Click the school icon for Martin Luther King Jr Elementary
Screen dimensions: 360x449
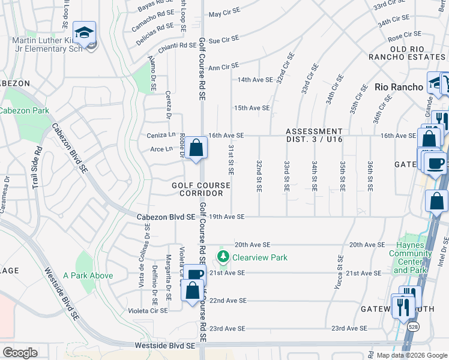click(x=85, y=32)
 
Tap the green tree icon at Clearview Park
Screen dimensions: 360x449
click(x=223, y=257)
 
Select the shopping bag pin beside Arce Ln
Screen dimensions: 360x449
click(x=196, y=148)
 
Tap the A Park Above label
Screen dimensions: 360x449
click(x=88, y=275)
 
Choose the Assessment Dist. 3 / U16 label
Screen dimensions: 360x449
click(x=314, y=136)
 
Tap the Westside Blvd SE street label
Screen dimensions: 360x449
click(x=165, y=346)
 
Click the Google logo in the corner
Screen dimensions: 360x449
click(x=20, y=352)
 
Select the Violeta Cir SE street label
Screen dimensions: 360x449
click(x=148, y=311)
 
